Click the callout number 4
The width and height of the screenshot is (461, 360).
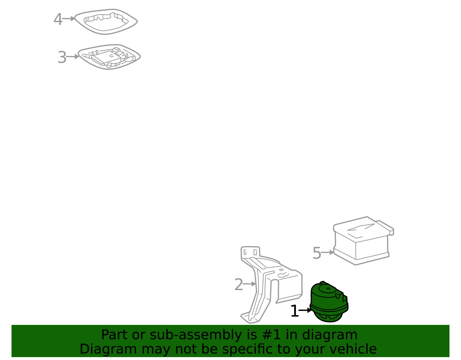tap(58, 19)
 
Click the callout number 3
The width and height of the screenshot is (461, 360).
tap(62, 57)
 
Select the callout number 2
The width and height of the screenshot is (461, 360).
tap(239, 285)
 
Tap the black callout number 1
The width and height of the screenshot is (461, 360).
tap(295, 311)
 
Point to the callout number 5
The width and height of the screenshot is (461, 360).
tap(317, 253)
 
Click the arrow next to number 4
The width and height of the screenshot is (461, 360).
tap(69, 19)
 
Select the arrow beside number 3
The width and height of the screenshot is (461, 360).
tap(73, 57)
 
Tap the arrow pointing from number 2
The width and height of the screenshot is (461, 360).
tap(249, 284)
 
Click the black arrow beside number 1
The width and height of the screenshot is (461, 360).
tap(305, 310)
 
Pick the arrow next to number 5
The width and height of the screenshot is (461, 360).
tap(327, 252)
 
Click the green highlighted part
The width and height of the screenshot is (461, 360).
tap(329, 302)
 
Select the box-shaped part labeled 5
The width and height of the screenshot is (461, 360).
tap(363, 241)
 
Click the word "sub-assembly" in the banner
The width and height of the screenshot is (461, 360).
tap(196, 335)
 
